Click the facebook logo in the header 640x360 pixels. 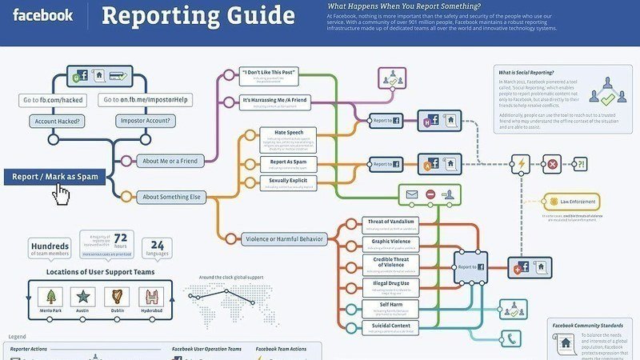(x=43, y=15)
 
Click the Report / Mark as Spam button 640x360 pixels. (x=55, y=177)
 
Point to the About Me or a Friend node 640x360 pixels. (x=170, y=160)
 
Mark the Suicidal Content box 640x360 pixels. (x=390, y=326)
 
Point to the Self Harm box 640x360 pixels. (x=390, y=305)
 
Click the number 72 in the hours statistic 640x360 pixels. (x=121, y=238)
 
